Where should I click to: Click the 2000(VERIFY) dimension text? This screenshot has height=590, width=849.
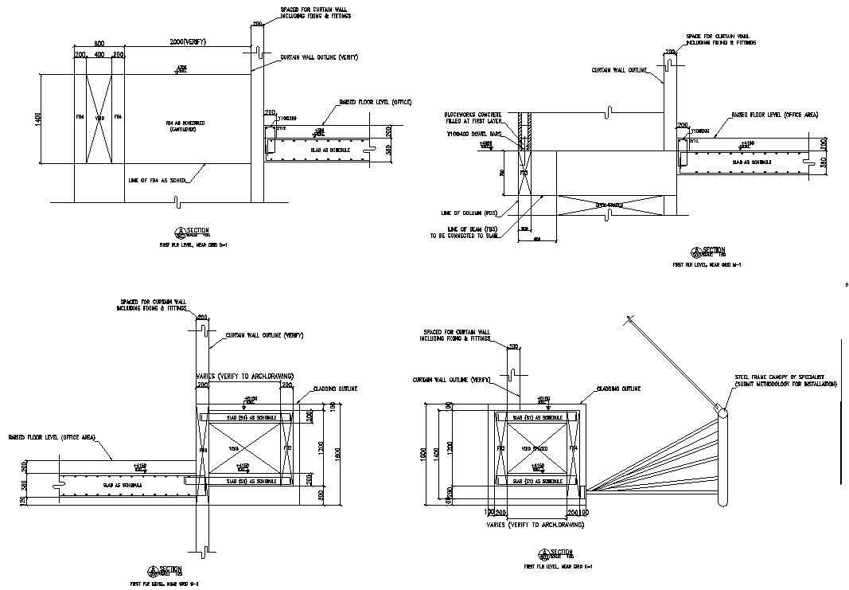coord(188,41)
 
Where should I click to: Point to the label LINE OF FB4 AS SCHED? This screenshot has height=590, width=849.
coord(157,181)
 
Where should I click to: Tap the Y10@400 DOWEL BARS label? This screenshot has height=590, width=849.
coord(475,134)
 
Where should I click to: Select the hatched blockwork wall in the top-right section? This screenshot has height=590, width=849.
coord(524,131)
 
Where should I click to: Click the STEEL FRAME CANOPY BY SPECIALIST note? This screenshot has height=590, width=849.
coord(785,379)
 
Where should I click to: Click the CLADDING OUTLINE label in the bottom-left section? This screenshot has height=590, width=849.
coord(335,389)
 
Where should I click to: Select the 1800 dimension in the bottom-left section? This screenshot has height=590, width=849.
coord(337,452)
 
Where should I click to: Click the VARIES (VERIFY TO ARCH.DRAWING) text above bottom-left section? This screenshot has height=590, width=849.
coord(244,376)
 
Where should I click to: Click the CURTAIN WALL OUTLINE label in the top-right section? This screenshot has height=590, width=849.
coord(619,70)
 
